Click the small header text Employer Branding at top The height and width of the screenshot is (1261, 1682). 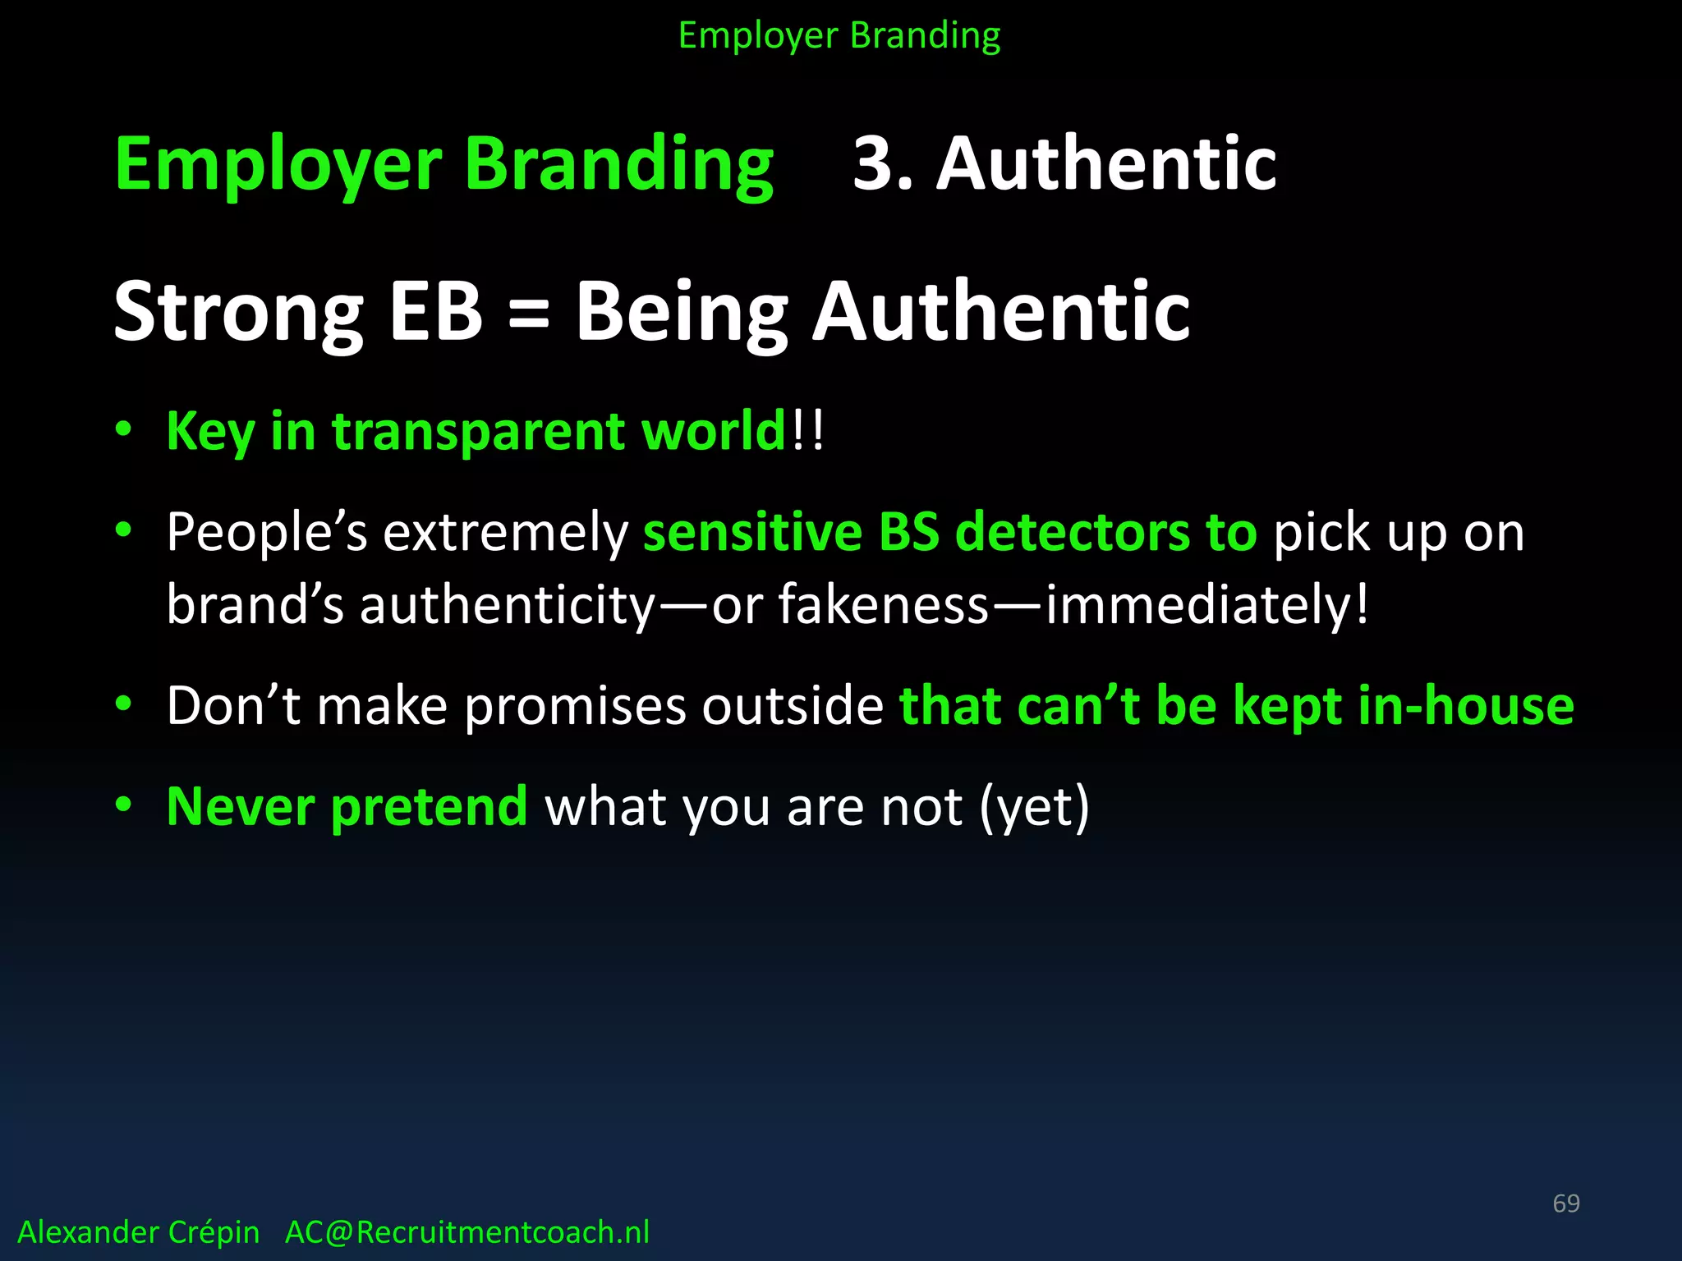839,36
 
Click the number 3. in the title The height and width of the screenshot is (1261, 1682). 883,164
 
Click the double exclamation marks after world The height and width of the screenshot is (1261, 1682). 808,431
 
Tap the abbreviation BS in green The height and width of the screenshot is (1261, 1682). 908,532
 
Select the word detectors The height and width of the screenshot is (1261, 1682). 1071,532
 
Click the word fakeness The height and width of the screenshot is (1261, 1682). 884,605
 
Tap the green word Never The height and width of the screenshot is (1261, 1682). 240,807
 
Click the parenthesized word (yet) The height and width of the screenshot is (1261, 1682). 1034,808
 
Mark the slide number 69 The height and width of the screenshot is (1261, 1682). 1566,1204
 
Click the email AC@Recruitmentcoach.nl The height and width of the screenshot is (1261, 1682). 467,1232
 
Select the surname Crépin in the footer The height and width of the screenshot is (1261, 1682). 213,1232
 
